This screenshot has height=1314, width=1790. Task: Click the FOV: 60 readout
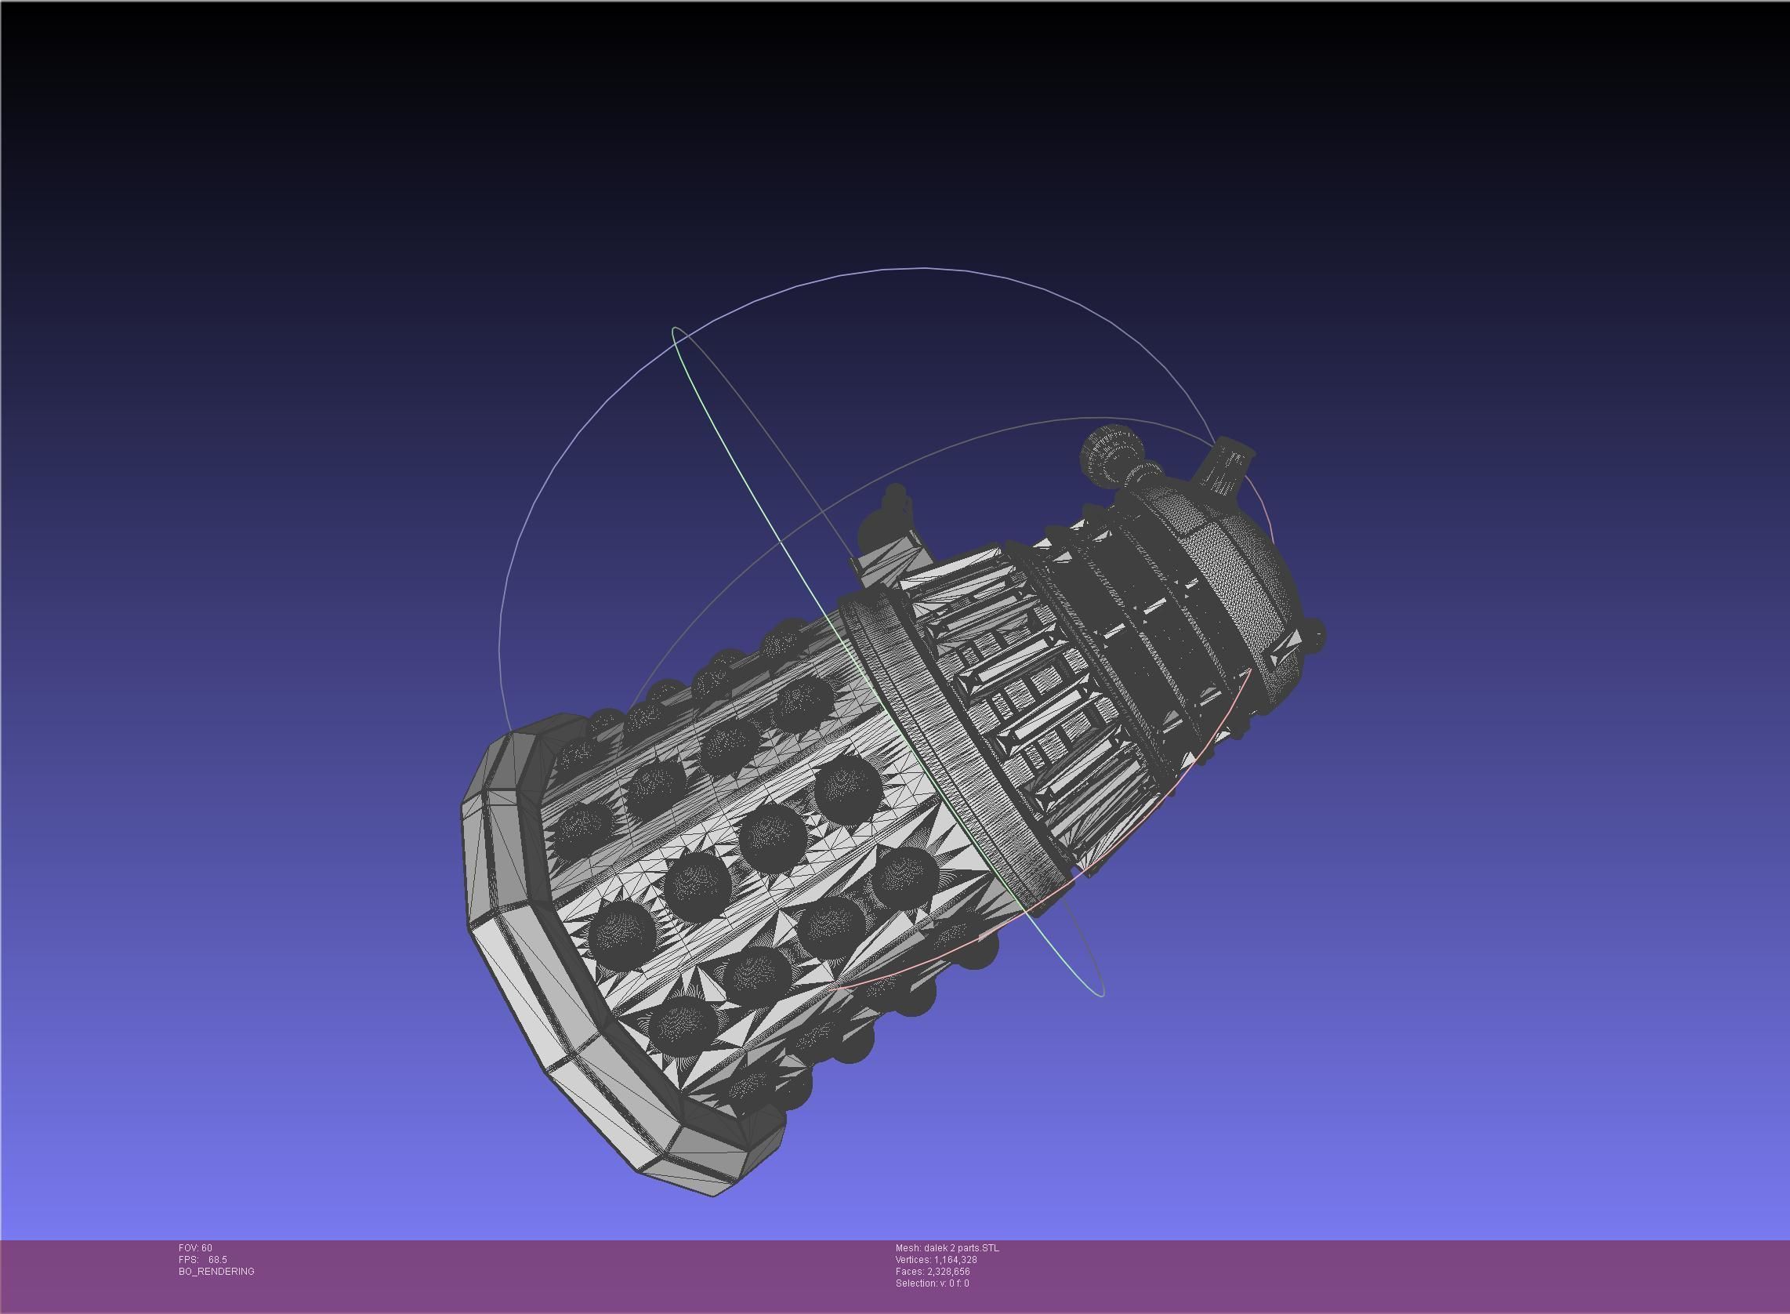(195, 1248)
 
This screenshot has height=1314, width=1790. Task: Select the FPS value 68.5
(217, 1260)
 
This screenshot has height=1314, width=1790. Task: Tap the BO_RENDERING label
(216, 1272)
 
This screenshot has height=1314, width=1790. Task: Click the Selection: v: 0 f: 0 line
(931, 1283)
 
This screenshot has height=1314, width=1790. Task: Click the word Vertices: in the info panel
(913, 1260)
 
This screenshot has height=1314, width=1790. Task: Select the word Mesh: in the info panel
(908, 1248)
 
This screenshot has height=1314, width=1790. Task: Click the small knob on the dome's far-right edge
(1315, 636)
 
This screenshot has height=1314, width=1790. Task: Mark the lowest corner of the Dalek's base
(712, 1194)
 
